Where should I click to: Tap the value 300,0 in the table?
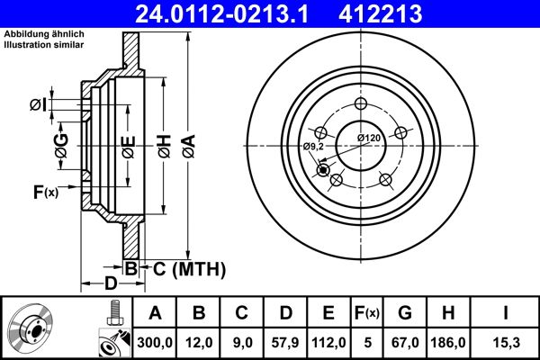[x=155, y=341]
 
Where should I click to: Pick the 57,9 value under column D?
[x=285, y=341]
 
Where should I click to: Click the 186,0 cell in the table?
[x=449, y=341]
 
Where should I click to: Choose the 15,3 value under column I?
[x=506, y=341]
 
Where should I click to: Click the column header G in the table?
[x=405, y=313]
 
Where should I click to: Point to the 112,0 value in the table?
[x=328, y=341]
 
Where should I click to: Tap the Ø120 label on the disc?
[x=369, y=137]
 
